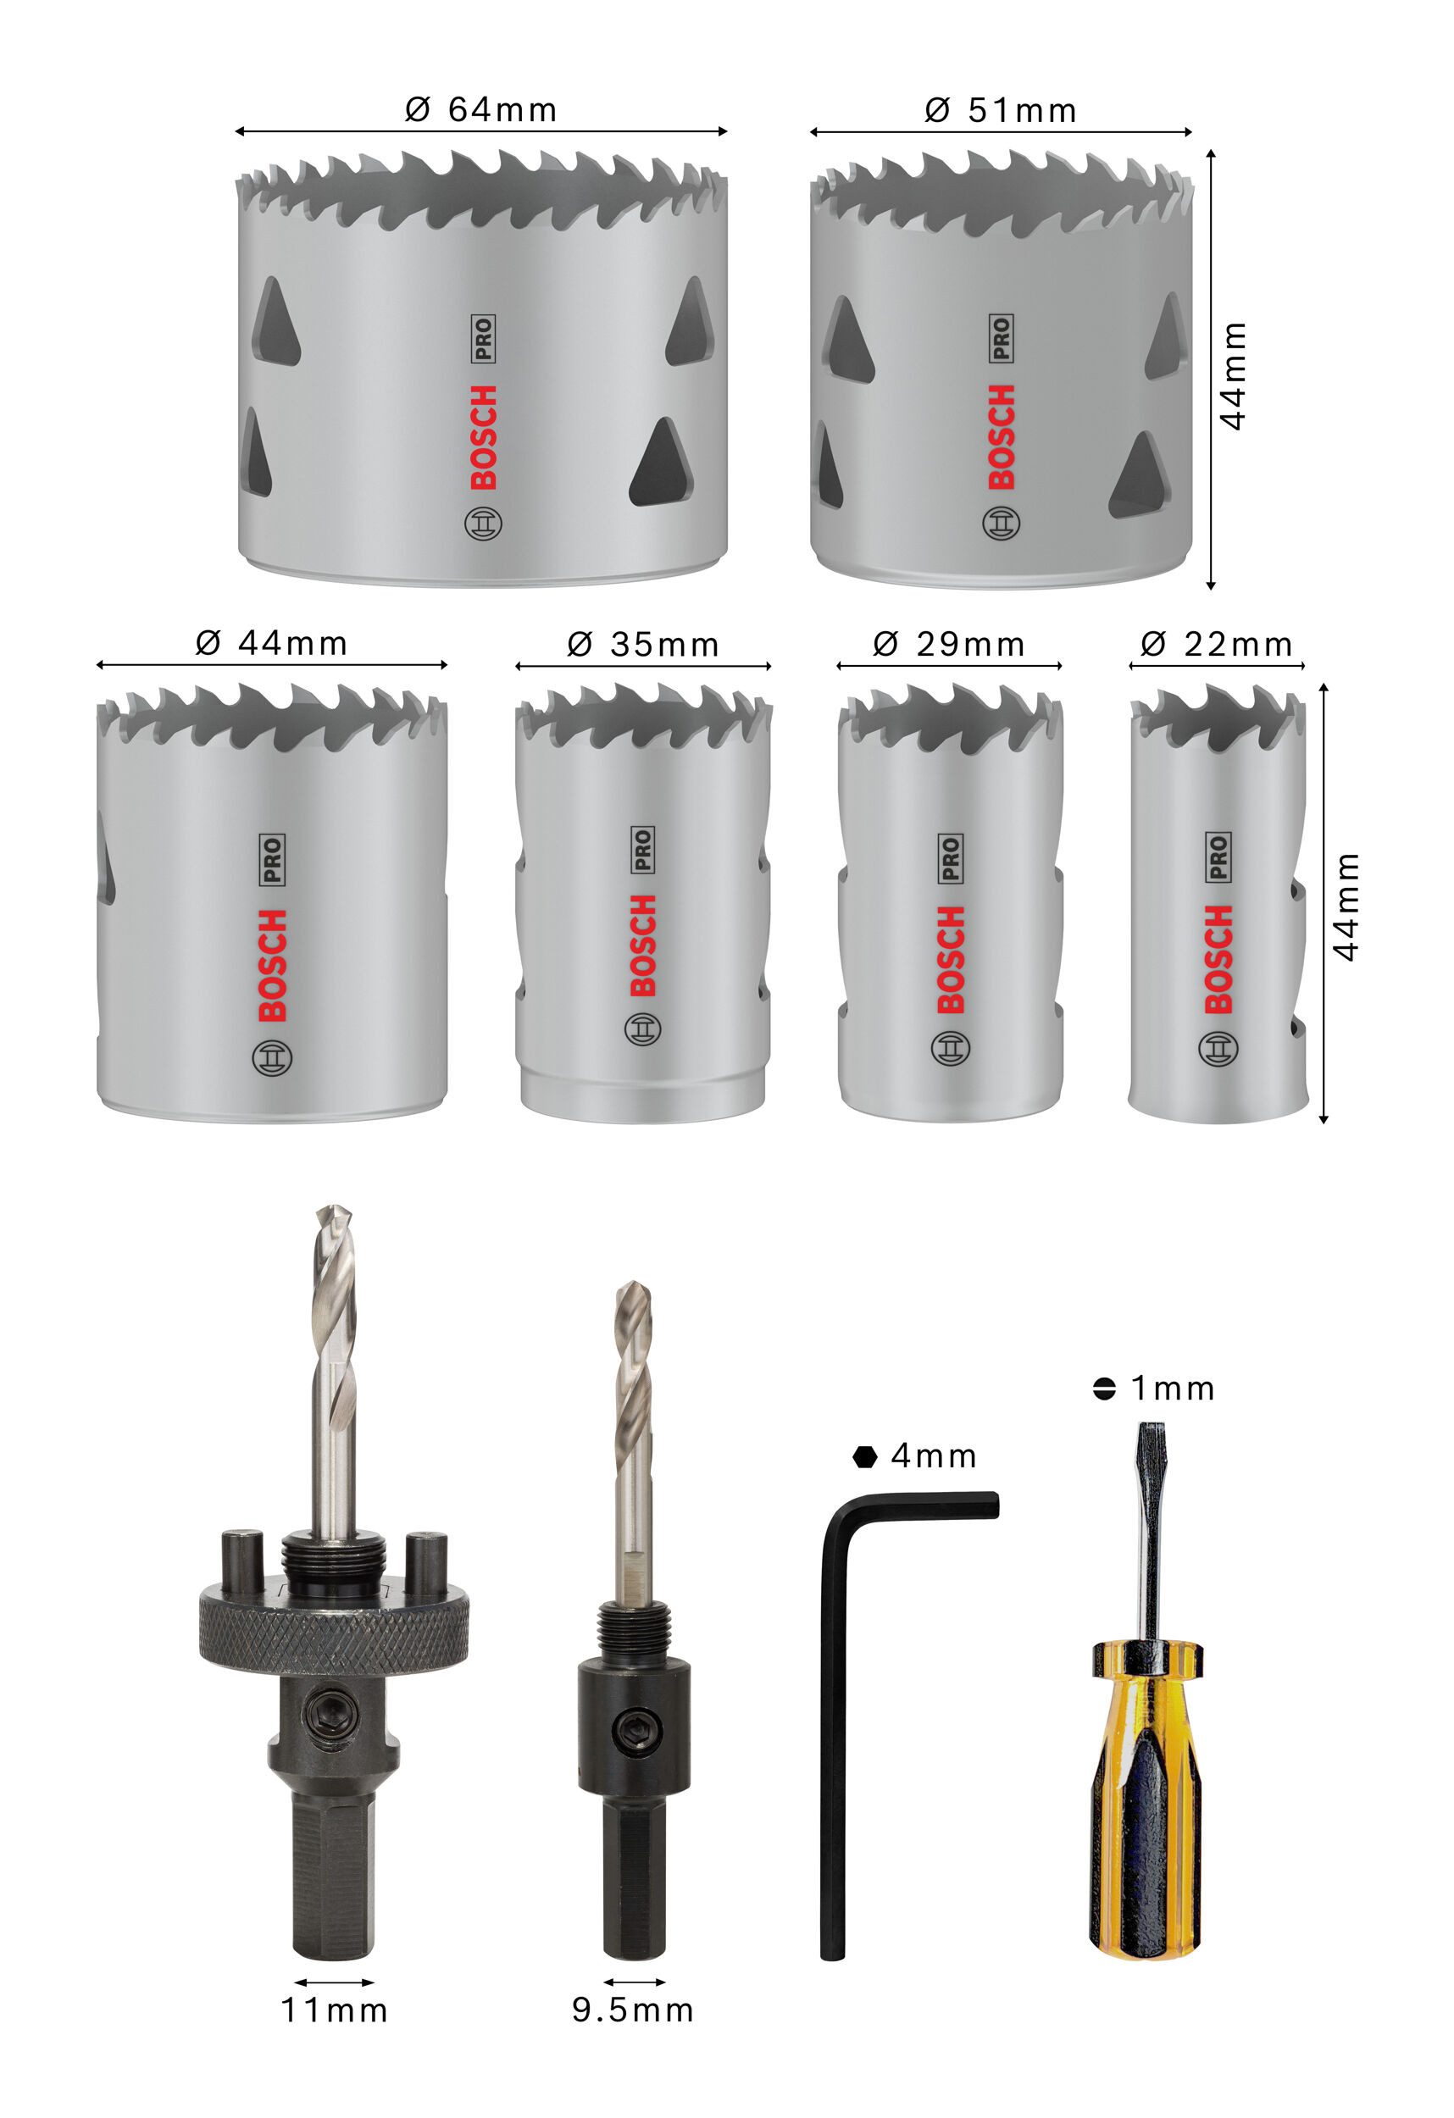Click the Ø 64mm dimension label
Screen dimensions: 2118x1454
tap(480, 110)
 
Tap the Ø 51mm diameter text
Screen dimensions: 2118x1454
tap(1000, 111)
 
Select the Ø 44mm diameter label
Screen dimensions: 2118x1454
tap(271, 643)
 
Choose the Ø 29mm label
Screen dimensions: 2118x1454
tap(948, 645)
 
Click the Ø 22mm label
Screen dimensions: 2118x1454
tap(1216, 646)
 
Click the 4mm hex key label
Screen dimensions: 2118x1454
tap(916, 1455)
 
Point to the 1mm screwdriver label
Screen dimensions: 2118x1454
tap(1155, 1388)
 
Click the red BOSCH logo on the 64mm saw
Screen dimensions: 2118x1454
tap(483, 437)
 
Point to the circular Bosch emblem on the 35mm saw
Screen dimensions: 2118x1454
tap(641, 1029)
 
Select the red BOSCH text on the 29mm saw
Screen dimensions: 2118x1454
tap(950, 960)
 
